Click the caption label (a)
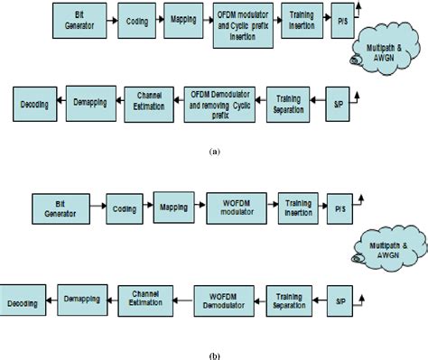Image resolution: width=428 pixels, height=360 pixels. click(213, 153)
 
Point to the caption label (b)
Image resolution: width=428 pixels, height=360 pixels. click(213, 355)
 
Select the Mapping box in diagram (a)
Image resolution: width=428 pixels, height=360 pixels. click(184, 19)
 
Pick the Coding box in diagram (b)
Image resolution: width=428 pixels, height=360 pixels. click(126, 205)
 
